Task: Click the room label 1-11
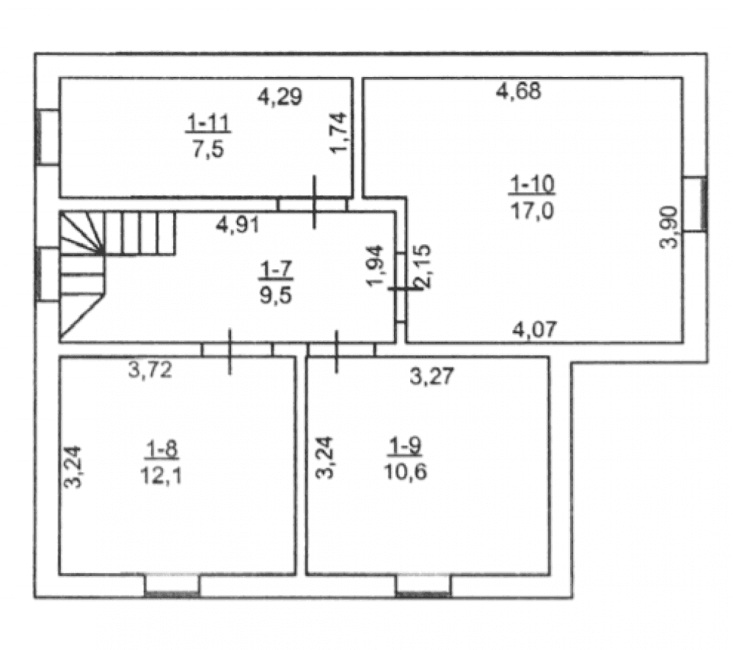point(208,123)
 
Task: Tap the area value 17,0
point(532,211)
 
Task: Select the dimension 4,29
point(280,97)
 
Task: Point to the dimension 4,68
point(519,91)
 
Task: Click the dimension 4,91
point(238,225)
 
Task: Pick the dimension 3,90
point(668,227)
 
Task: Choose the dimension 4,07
point(535,330)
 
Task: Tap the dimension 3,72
point(150,370)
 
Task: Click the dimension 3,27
point(431,376)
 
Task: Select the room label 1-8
point(161,450)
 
